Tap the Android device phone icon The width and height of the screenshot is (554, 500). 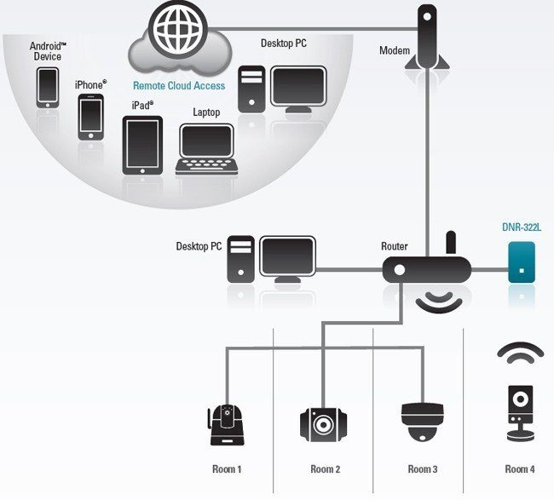pyautogui.click(x=48, y=87)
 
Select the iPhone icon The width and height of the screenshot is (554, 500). pyautogui.click(x=90, y=117)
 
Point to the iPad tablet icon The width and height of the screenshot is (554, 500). pyautogui.click(x=142, y=146)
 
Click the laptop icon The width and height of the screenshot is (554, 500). pyautogui.click(x=207, y=150)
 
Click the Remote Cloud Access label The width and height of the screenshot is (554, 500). pyautogui.click(x=179, y=86)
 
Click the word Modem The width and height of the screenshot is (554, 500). pyautogui.click(x=394, y=51)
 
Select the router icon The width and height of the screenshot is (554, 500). pyautogui.click(x=426, y=270)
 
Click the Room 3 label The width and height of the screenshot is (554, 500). pyautogui.click(x=423, y=469)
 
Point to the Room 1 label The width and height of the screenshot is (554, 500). pyautogui.click(x=227, y=469)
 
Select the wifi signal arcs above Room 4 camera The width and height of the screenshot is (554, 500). pyautogui.click(x=520, y=353)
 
